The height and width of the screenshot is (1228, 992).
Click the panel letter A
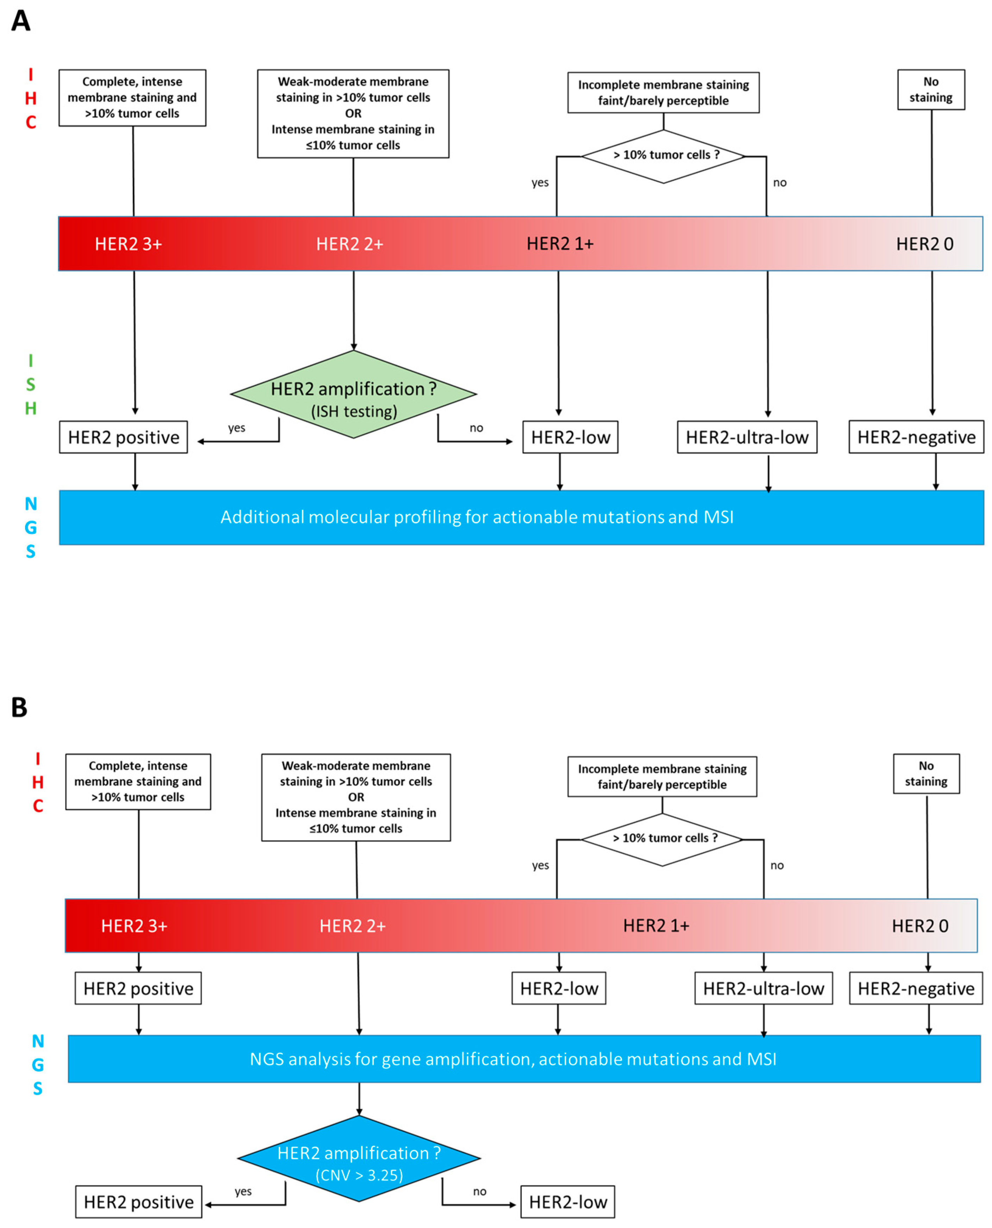coord(20,21)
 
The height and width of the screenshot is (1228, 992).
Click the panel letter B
coord(19,707)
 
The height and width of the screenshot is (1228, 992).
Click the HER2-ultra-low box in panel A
coord(747,437)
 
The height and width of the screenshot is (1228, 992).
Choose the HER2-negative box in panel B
coord(916,989)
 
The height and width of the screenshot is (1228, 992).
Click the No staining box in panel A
coord(931,90)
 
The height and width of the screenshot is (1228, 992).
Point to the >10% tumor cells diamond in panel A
coord(663,156)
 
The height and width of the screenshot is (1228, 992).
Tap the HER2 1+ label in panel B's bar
coord(656,926)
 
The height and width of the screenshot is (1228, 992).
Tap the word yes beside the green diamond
coord(237,428)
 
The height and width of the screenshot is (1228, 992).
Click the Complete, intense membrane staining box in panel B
coord(138,781)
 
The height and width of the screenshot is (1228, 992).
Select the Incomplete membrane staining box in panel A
coord(663,93)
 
